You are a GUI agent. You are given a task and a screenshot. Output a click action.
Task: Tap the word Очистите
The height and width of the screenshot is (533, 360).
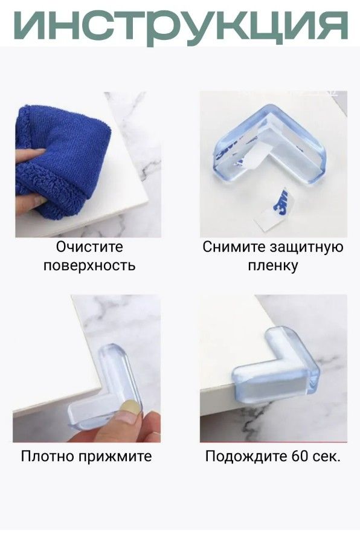tap(89, 247)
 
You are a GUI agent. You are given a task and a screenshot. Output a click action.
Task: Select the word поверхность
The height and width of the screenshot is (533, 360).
tap(89, 265)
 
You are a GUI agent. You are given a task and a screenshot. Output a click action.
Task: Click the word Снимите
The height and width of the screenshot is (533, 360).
tap(233, 247)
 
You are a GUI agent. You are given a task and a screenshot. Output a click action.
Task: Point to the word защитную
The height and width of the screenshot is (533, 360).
tap(306, 248)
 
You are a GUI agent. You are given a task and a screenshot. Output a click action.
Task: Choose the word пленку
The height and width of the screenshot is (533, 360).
tap(272, 265)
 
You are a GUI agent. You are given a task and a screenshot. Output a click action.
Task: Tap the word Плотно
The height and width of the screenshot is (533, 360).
tap(48, 456)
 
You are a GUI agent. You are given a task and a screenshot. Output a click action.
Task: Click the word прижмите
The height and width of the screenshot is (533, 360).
tap(115, 456)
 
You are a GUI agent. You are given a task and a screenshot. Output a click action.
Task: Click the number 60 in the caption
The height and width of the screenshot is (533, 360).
tap(300, 456)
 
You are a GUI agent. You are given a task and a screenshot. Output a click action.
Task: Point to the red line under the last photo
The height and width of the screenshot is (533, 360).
tap(274, 442)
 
